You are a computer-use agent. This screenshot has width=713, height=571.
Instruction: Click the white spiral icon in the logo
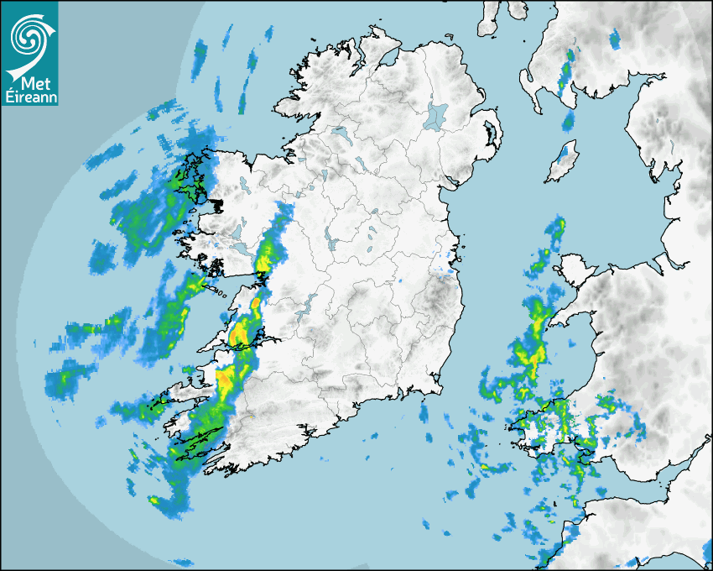click(x=29, y=34)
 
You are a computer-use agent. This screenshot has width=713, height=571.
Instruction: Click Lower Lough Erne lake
click(x=340, y=133)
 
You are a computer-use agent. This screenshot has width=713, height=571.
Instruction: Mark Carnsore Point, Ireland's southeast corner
click(x=437, y=390)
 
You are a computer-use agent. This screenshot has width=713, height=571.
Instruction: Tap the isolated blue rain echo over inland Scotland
click(x=614, y=38)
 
